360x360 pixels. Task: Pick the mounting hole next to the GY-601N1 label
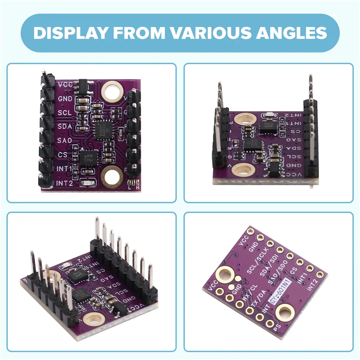(285, 312)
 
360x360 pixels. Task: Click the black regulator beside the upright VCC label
(82, 85)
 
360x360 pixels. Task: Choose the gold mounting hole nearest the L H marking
(111, 177)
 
